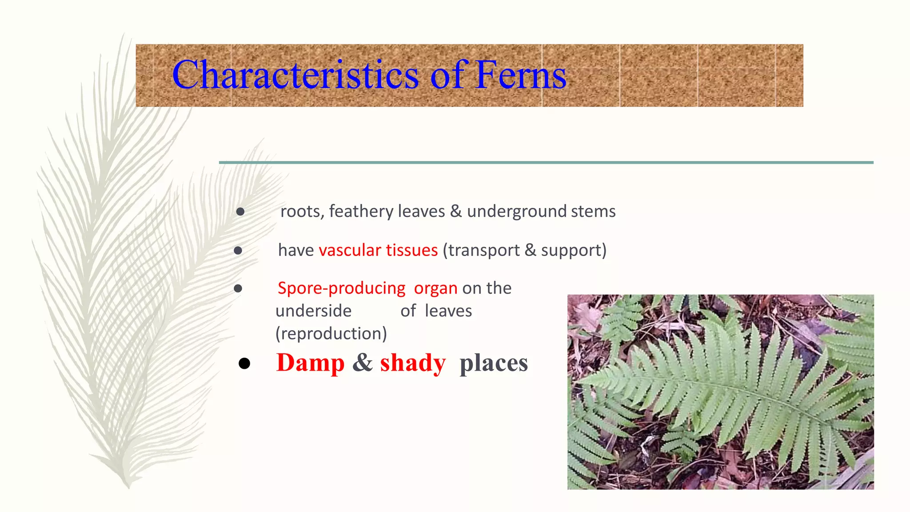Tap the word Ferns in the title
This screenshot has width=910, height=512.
[x=521, y=75]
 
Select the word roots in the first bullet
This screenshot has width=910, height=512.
[x=300, y=212]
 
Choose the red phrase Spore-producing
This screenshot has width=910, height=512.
[x=341, y=288]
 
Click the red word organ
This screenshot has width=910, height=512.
[x=435, y=289]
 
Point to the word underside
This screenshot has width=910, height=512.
[x=313, y=311]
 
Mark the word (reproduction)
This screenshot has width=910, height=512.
[x=331, y=333]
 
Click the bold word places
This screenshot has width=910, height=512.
[x=494, y=363]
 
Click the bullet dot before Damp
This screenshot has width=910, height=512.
[x=244, y=364]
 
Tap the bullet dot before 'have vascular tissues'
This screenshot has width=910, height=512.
[x=238, y=251]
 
